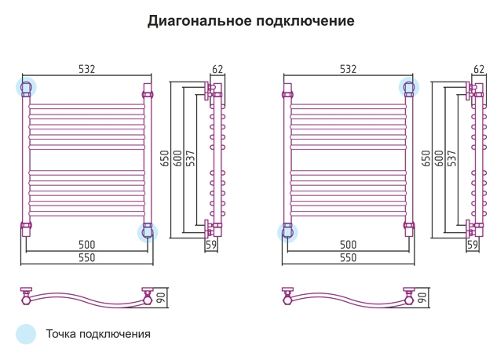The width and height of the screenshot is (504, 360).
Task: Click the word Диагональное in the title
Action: coord(199,21)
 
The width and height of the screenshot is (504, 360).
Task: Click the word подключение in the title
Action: coord(305,21)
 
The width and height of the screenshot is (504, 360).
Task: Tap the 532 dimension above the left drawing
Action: coord(87,69)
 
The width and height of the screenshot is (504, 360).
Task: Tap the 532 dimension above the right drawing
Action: coord(348,69)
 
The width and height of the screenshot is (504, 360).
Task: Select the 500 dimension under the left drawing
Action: coord(87,245)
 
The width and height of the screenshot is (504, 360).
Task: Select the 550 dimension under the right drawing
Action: coord(348,257)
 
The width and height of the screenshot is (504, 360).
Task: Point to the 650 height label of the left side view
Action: coord(165,158)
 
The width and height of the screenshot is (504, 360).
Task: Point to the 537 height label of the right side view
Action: coord(452,158)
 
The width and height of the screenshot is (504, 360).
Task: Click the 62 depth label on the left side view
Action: coord(217,69)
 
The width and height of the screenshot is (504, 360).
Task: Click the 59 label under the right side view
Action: coord(473,245)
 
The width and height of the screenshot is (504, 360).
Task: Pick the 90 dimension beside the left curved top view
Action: coord(162,297)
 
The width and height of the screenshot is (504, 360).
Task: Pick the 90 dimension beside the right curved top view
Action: coord(422,297)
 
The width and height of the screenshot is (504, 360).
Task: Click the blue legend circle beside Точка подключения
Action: coord(26,334)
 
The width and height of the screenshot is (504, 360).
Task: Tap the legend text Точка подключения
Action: coord(98,334)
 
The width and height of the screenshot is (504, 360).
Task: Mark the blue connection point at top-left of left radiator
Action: coord(26,87)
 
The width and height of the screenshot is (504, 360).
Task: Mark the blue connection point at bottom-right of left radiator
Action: coord(148,232)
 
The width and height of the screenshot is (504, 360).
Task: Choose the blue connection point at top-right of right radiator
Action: coord(409,87)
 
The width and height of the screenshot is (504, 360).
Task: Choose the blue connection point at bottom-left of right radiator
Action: coord(287,232)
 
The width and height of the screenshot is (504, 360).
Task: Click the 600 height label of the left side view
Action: coord(177,158)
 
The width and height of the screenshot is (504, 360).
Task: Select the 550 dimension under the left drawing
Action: coord(87,257)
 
